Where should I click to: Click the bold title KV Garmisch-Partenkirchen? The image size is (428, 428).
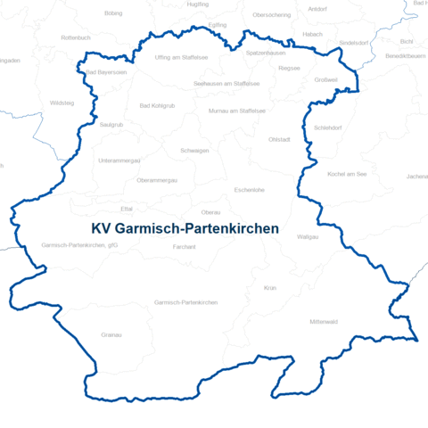coord(185,229)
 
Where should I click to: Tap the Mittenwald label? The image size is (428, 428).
coord(323,320)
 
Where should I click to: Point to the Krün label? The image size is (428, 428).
coord(270,288)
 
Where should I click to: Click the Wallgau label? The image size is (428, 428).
coord(333,237)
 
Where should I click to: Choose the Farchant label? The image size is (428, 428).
coord(185,246)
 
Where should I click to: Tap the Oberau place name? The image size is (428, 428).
coord(211,212)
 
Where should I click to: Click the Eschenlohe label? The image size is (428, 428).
coord(249,190)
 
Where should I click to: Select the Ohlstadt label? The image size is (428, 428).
coord(279,140)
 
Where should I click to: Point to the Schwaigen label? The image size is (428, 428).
coord(194,151)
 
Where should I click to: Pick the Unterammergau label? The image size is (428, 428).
coord(119,160)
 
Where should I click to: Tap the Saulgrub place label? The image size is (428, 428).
coord(111,125)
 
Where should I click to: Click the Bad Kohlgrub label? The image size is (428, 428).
coord(158,106)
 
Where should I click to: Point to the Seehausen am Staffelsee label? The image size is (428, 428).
coord(226,83)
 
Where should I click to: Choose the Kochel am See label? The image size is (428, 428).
coord(347,174)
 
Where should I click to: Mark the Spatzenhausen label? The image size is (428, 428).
coord(266,53)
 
